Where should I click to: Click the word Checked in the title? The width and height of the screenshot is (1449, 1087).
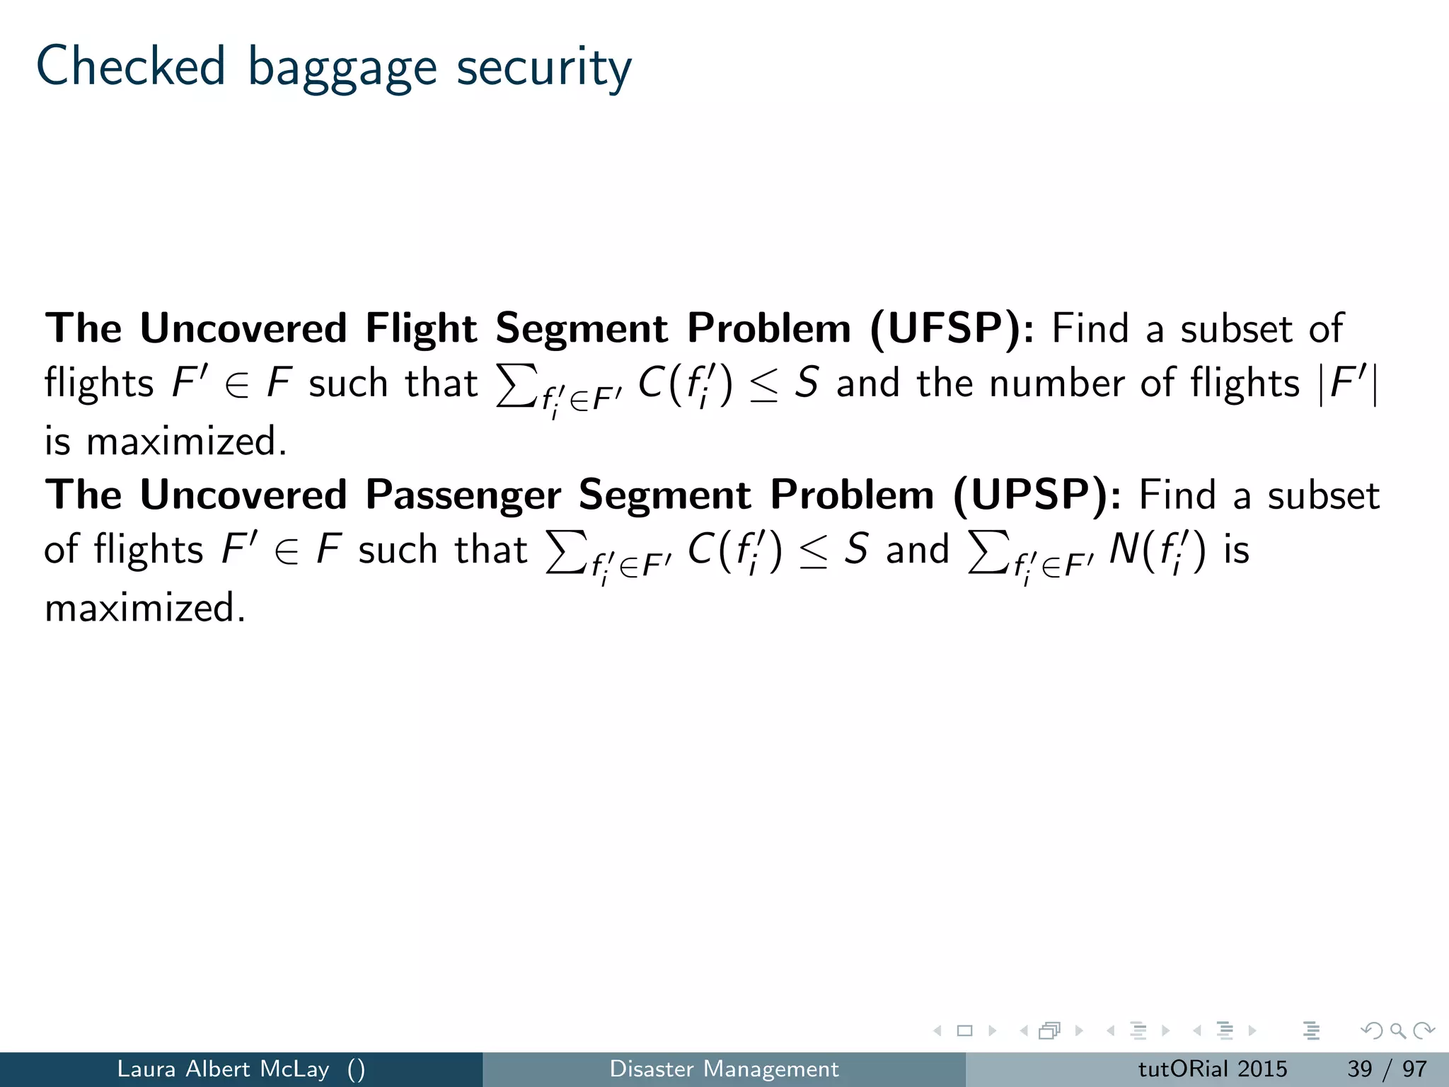130,66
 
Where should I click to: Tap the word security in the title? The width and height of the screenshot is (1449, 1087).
543,69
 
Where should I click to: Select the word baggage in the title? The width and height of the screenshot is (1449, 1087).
342,69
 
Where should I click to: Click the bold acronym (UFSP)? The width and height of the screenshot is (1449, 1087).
952,328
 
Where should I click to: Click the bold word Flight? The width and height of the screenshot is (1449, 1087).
421,328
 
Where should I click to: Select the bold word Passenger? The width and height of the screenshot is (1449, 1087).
463,495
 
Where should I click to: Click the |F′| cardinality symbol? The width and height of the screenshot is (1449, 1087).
1349,384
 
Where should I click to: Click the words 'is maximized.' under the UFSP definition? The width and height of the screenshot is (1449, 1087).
166,441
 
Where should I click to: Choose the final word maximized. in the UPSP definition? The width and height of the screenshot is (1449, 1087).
145,608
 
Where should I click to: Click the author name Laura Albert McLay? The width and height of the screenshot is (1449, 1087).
223,1069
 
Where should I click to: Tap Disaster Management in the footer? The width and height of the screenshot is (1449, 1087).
724,1069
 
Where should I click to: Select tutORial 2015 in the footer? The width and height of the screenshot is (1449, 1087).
1212,1069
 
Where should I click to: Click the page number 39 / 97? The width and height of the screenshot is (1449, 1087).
1387,1069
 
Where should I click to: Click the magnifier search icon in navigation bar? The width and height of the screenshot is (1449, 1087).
1397,1031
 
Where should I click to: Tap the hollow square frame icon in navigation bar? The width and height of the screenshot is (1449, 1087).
964,1031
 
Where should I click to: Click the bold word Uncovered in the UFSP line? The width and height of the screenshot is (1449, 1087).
243,328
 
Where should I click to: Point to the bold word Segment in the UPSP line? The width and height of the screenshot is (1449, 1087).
664,495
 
